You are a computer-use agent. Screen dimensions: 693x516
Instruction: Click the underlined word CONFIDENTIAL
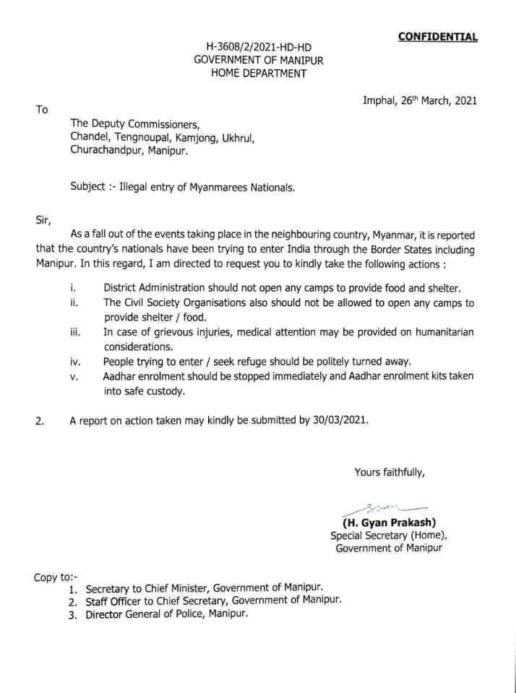438,36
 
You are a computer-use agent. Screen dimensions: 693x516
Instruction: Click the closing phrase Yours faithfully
390,473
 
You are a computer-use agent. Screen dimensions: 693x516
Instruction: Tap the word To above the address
42,110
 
